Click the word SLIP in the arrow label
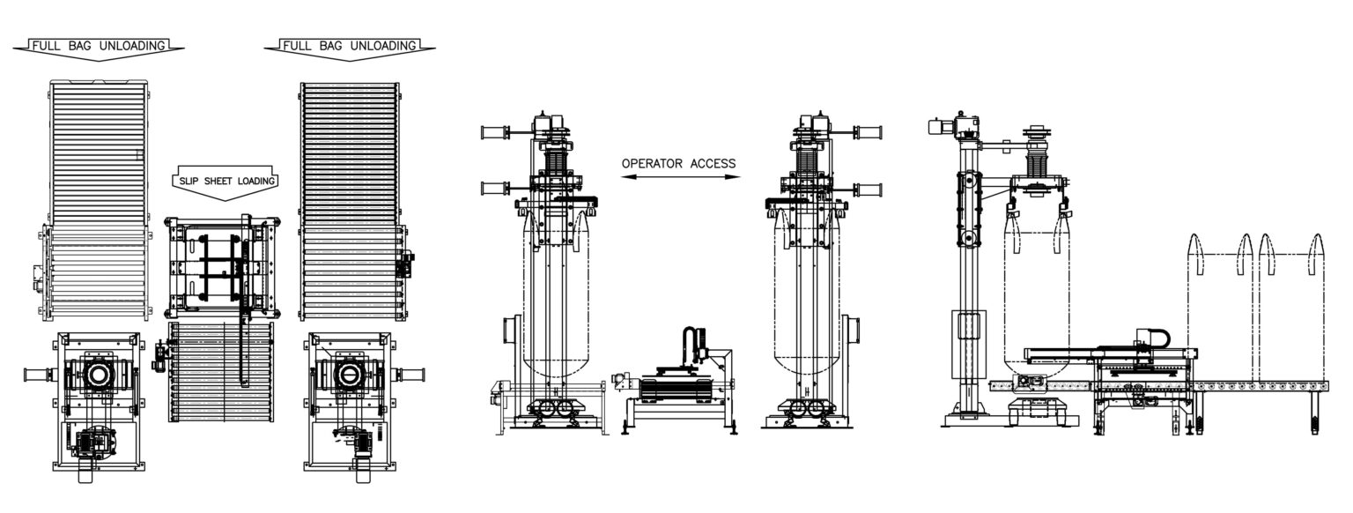pos(189,181)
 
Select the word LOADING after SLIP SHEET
pos(256,181)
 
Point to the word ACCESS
pos(713,163)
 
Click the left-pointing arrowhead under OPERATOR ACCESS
pos(628,177)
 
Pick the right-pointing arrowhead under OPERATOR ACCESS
pos(733,177)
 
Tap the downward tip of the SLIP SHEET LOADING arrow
pos(225,201)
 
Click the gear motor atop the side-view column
pos(954,126)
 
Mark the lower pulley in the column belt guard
pos(969,238)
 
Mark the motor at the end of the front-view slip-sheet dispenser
pos(621,382)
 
